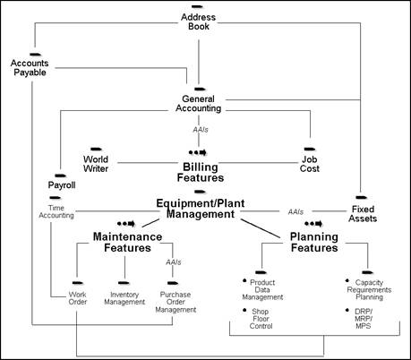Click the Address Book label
click(199, 23)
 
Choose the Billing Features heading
click(201, 172)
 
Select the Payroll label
click(62, 185)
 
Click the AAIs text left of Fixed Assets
click(295, 212)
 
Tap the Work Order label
click(77, 298)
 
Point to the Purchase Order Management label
click(176, 302)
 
